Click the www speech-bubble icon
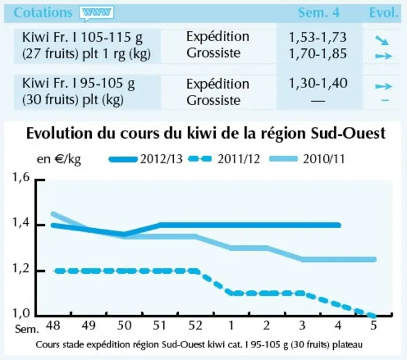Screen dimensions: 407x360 [x=96, y=13]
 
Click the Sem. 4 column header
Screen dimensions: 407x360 [x=318, y=12]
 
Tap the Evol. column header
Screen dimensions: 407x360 [x=383, y=12]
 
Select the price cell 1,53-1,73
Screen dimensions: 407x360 [x=318, y=37]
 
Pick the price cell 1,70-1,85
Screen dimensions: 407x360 [x=318, y=54]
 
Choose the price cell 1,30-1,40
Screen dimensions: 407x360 [x=318, y=83]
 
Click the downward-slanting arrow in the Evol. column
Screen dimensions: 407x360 [x=382, y=41]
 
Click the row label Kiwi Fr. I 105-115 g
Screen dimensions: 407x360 [x=83, y=38]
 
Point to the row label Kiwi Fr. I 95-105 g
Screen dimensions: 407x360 [x=78, y=84]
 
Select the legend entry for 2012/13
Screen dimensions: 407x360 [x=146, y=159]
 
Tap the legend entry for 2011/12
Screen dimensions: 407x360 [x=224, y=159]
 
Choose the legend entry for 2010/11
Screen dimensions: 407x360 [x=308, y=159]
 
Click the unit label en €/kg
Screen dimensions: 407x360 [x=59, y=159]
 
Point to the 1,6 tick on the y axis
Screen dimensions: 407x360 [x=21, y=177]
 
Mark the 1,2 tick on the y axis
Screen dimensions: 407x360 [x=21, y=269]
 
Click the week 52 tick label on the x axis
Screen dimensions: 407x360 [x=195, y=325]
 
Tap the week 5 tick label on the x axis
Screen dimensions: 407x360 [x=373, y=325]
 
